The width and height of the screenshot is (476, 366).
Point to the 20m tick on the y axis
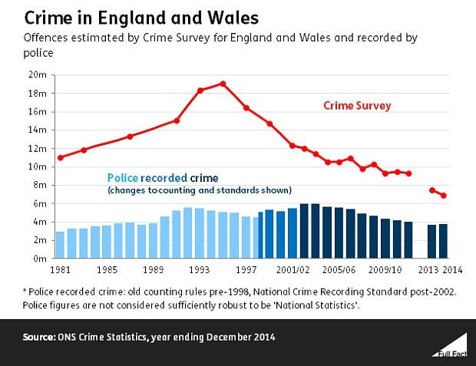[x=39, y=74]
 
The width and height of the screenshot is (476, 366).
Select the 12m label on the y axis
[x=39, y=148]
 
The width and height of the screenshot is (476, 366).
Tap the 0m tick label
[x=41, y=259]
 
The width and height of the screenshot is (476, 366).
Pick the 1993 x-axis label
[x=200, y=269]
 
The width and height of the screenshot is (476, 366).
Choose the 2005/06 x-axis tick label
[x=338, y=269]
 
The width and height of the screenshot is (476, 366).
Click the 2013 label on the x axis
[x=428, y=269]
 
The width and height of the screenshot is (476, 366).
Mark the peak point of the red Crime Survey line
[x=223, y=84]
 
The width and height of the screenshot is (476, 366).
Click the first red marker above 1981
[x=60, y=157]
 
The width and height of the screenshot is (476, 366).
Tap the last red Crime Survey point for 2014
[x=444, y=196]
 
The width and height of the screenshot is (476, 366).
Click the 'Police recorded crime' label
[x=158, y=177]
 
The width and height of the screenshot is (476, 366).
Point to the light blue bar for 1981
[x=60, y=245]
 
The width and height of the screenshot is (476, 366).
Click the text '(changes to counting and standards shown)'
[x=199, y=190]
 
